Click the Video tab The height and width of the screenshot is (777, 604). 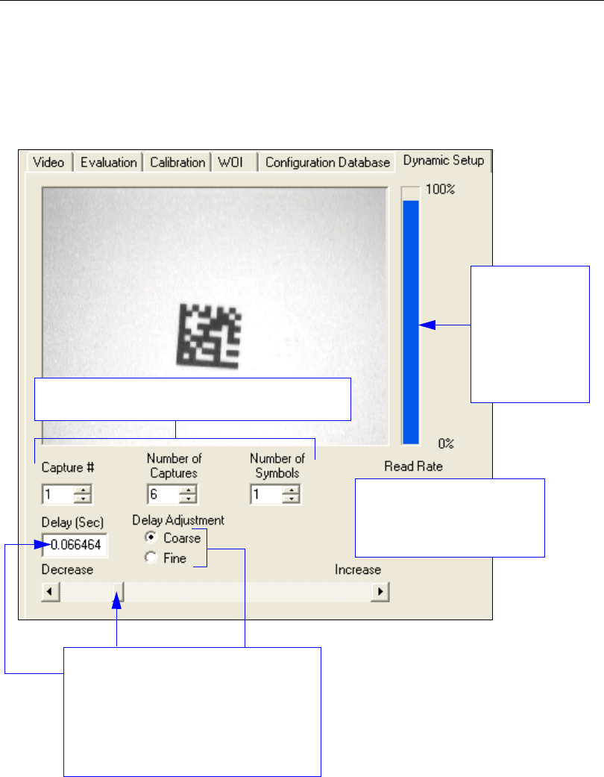coord(48,162)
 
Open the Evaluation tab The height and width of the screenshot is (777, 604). coord(109,162)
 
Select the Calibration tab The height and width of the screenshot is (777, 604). coord(177,162)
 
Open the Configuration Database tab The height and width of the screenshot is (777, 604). coord(327,162)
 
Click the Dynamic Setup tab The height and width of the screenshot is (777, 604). coord(443,160)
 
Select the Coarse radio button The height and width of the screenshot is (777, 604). coord(151,537)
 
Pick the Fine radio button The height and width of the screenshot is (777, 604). coord(151,558)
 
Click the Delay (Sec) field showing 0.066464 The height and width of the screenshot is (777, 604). coord(75,546)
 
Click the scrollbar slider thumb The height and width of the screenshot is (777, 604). coord(118,592)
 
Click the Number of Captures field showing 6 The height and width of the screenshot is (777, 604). coord(164,494)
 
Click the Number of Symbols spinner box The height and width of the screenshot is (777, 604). coord(267,494)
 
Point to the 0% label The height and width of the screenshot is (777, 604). coord(446,443)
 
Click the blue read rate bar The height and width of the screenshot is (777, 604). coord(410,321)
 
